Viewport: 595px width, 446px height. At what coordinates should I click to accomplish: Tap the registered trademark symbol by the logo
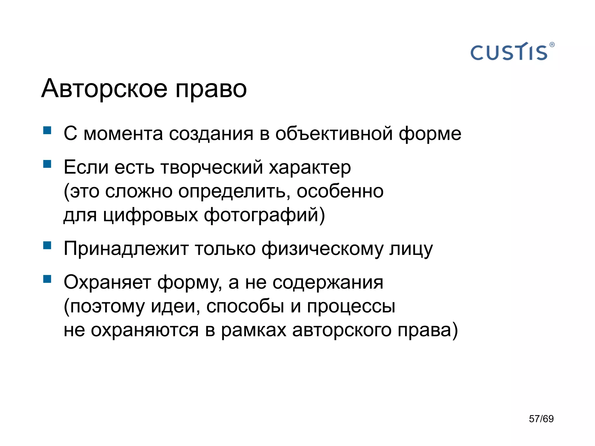(x=552, y=45)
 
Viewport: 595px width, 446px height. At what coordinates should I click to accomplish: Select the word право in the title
(x=211, y=89)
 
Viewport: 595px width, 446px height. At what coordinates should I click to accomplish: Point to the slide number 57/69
(x=541, y=419)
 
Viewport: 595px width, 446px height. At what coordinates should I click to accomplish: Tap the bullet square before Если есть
(x=47, y=164)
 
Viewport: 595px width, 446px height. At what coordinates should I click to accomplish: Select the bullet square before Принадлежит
(x=47, y=245)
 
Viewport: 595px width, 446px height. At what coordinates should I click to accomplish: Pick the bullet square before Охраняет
(x=47, y=279)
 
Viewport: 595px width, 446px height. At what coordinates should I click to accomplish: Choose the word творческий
(x=212, y=168)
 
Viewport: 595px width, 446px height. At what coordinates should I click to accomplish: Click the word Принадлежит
(x=126, y=249)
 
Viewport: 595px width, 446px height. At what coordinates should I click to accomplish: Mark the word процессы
(x=351, y=307)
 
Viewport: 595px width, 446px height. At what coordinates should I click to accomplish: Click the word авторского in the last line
(x=342, y=330)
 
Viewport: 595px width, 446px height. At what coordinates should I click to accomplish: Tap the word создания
(x=211, y=134)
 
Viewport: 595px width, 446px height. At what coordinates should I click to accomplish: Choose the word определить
(x=234, y=192)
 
